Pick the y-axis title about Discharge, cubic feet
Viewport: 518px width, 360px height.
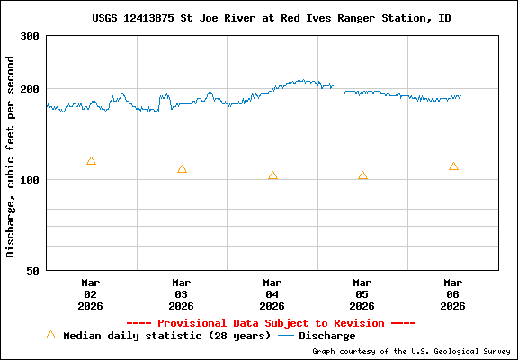point(11,157)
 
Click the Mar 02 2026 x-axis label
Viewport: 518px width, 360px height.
point(91,293)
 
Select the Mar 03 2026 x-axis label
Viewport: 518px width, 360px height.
point(182,293)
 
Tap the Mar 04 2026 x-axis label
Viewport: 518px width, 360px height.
point(272,293)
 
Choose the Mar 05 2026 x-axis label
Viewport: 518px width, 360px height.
point(362,293)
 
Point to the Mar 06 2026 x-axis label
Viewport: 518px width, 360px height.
point(452,293)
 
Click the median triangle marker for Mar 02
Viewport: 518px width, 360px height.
point(91,161)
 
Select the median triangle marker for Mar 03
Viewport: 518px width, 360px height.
point(182,169)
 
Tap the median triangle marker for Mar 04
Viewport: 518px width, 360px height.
point(272,175)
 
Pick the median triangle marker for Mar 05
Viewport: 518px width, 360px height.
point(362,175)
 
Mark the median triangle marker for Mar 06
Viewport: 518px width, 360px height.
point(453,166)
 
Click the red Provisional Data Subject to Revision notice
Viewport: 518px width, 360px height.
point(271,323)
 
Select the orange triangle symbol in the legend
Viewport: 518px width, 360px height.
point(50,335)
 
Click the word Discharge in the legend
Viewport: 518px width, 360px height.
point(327,336)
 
